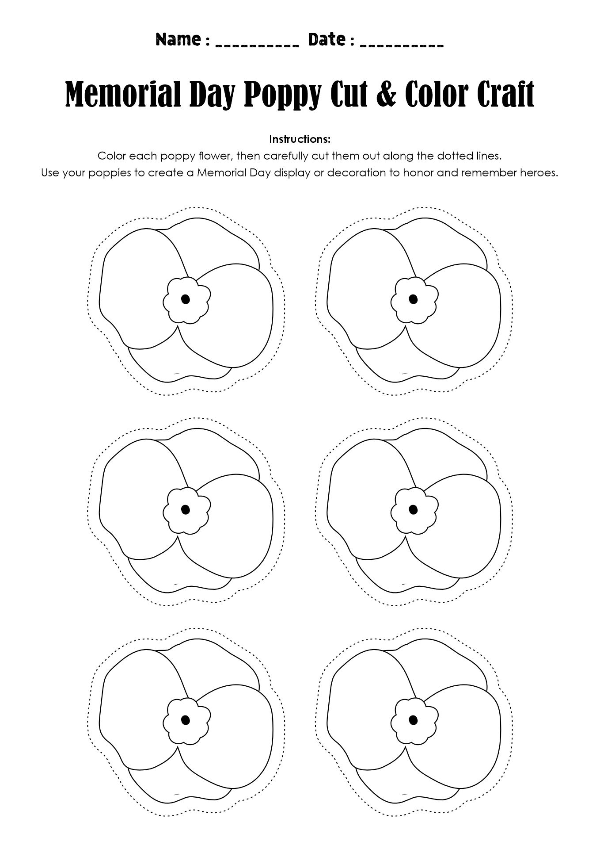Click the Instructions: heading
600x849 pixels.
[300, 139]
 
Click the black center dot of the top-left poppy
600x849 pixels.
[186, 299]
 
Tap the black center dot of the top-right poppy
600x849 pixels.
[413, 299]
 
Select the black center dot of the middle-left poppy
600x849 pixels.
[186, 509]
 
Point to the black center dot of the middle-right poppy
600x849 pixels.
[413, 509]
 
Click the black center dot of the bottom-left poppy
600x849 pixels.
[186, 720]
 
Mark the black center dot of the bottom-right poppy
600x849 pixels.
[413, 720]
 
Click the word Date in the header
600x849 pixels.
[327, 40]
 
